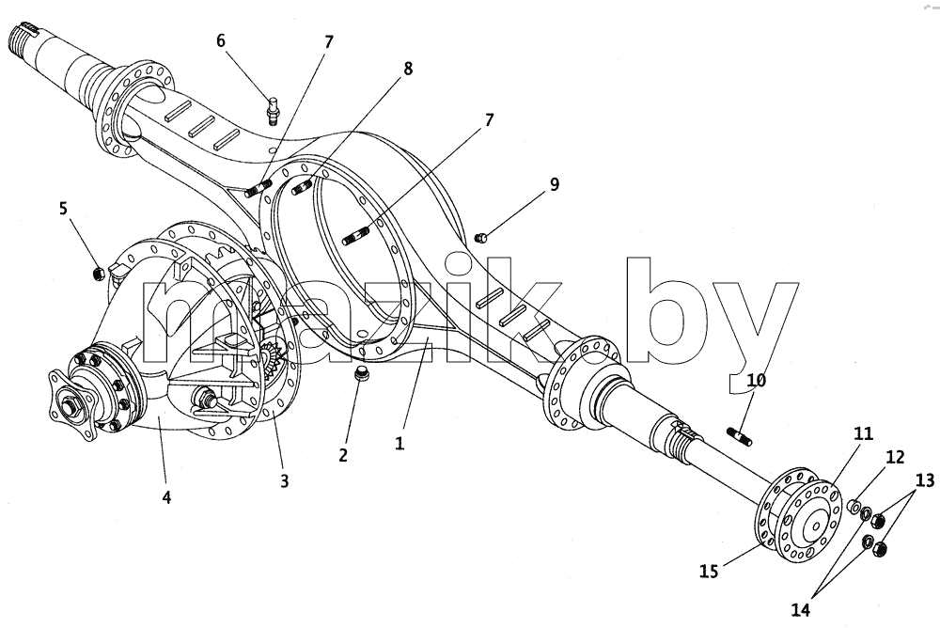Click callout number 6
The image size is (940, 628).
(221, 40)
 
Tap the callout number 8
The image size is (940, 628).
(408, 69)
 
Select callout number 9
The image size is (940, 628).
(554, 184)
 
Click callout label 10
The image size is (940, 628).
(756, 380)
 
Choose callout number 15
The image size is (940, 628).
(709, 571)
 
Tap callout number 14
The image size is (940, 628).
(800, 610)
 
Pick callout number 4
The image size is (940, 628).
(166, 496)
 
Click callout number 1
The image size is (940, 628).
(399, 443)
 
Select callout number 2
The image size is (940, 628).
(343, 455)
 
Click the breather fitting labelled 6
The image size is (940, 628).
(274, 110)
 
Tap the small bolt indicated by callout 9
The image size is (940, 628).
(480, 238)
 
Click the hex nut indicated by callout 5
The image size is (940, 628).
(99, 274)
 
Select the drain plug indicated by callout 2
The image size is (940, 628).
(361, 372)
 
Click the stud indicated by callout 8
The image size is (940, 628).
(303, 187)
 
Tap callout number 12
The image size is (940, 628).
(895, 457)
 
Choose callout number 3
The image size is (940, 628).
(284, 480)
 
